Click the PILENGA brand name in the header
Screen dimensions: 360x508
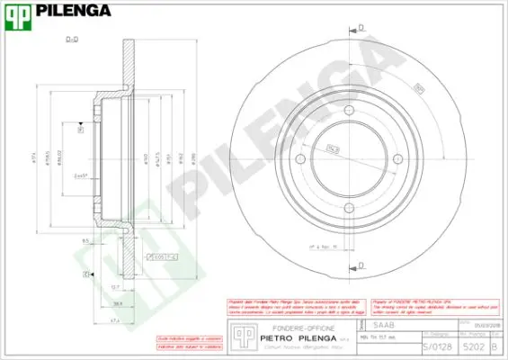point(73,11)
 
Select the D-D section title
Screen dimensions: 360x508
point(73,39)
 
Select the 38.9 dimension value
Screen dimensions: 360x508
point(118,303)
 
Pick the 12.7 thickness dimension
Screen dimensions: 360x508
point(115,285)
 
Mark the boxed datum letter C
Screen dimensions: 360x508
point(87,274)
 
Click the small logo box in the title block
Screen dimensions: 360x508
point(240,335)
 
